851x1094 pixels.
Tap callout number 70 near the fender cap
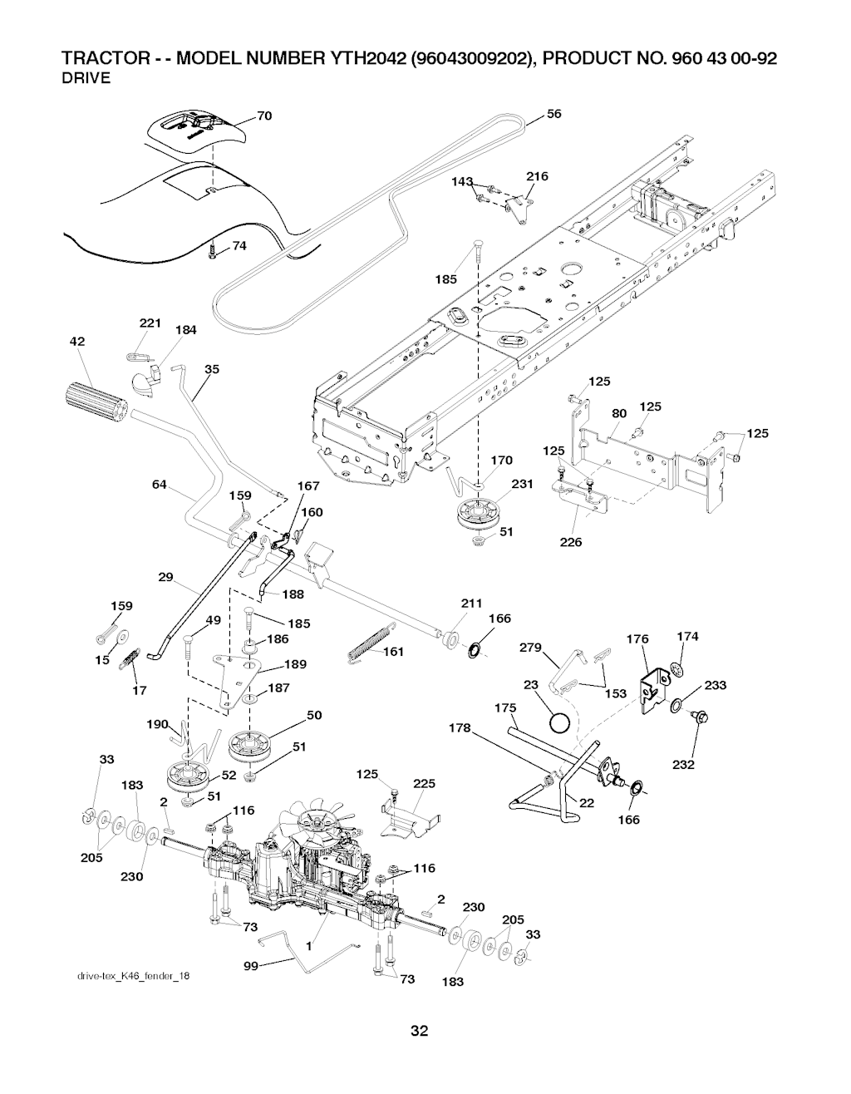click(264, 116)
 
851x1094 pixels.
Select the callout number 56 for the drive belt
click(554, 114)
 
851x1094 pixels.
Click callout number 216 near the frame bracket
click(537, 176)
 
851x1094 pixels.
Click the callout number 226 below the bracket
click(570, 542)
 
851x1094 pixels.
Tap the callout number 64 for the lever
click(160, 485)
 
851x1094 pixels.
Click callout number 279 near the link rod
click(529, 647)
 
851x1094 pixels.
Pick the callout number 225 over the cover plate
click(424, 783)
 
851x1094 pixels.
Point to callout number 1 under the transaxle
click(309, 945)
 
